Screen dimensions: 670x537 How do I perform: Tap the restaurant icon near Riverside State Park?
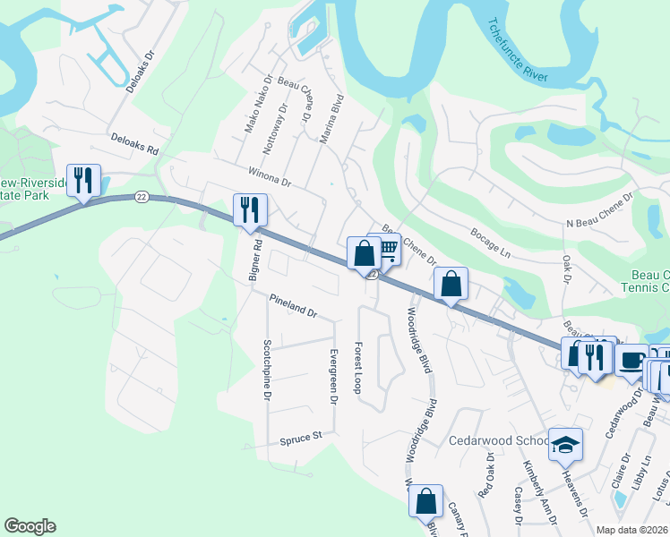(x=83, y=181)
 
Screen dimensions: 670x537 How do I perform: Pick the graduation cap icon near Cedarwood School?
(x=565, y=445)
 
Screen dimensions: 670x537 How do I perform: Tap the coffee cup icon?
(x=631, y=360)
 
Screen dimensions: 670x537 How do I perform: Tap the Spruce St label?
(x=300, y=439)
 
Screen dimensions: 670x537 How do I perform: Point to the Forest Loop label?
(x=357, y=367)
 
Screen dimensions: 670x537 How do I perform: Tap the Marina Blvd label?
(x=331, y=118)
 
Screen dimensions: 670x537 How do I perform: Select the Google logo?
(x=30, y=526)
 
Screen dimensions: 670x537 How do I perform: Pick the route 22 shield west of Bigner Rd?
(x=142, y=196)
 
